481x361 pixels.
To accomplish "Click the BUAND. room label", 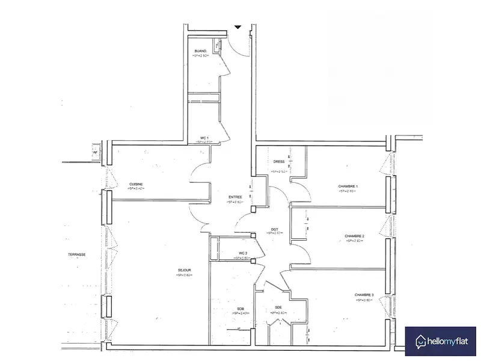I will tap(201, 51).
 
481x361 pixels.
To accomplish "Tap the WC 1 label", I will tap(204, 138).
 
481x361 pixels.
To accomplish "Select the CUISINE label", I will tap(136, 184).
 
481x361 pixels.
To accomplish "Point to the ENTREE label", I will tap(235, 197).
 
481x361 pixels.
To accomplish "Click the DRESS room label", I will tap(279, 161).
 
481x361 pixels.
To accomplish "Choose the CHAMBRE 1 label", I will tap(348, 186).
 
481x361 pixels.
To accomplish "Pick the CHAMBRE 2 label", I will tap(355, 236).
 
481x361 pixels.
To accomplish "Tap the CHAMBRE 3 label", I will tap(364, 295).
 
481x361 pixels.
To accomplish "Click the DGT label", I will tap(275, 229).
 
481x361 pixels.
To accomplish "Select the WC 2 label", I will tap(243, 253).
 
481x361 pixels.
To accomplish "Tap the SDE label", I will tap(278, 307).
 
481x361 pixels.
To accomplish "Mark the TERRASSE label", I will tap(76, 255).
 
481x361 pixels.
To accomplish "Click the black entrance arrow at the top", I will tap(237, 27).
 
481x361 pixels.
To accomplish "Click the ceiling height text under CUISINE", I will tap(136, 189).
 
